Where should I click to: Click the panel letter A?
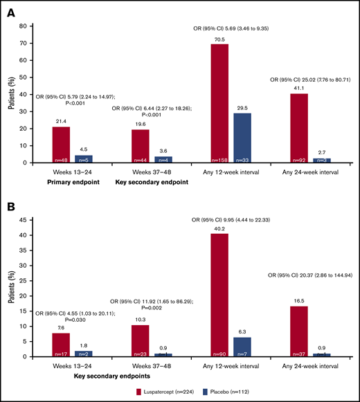(x=10, y=10)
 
